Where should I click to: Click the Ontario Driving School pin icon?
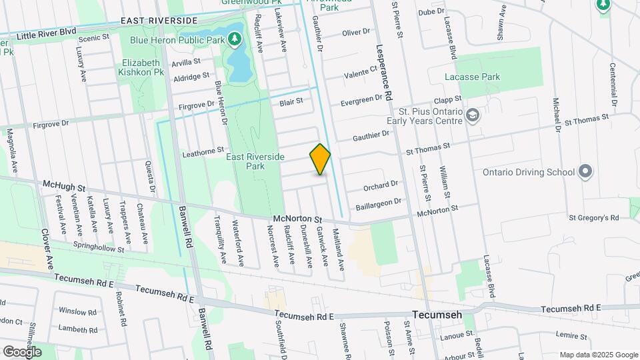pos(585,172)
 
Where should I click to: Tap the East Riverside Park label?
pos(255,161)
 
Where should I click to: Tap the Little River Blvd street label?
pos(47,33)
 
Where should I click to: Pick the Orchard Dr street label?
pos(381,183)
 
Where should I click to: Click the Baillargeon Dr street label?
pos(378,201)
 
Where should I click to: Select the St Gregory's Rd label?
pos(594,217)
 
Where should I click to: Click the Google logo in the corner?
pos(22,351)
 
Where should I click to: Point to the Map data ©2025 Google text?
pos(598,355)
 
